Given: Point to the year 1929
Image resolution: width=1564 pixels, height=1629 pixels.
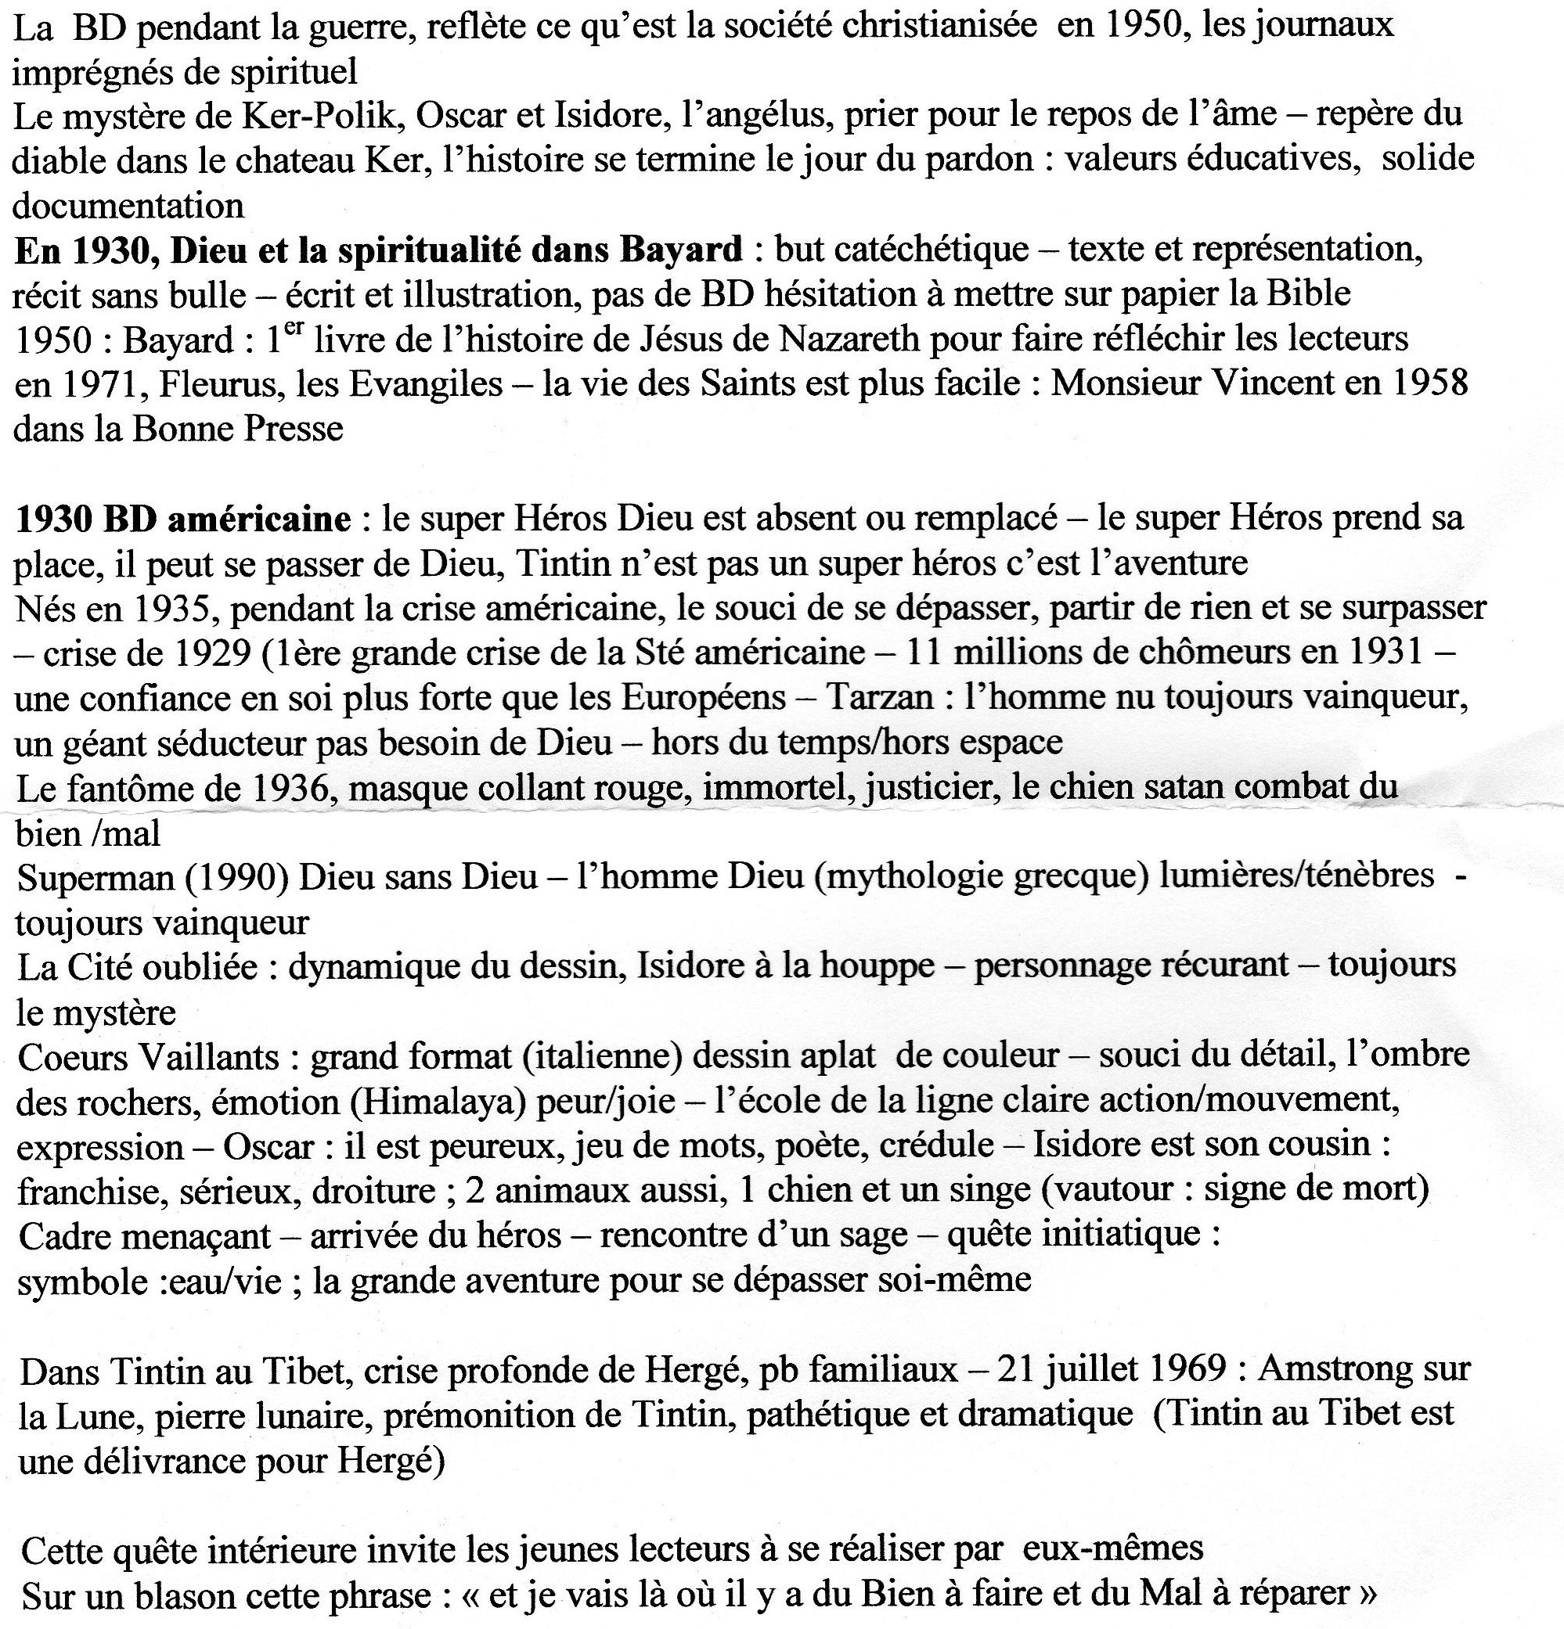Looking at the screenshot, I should point(208,653).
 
